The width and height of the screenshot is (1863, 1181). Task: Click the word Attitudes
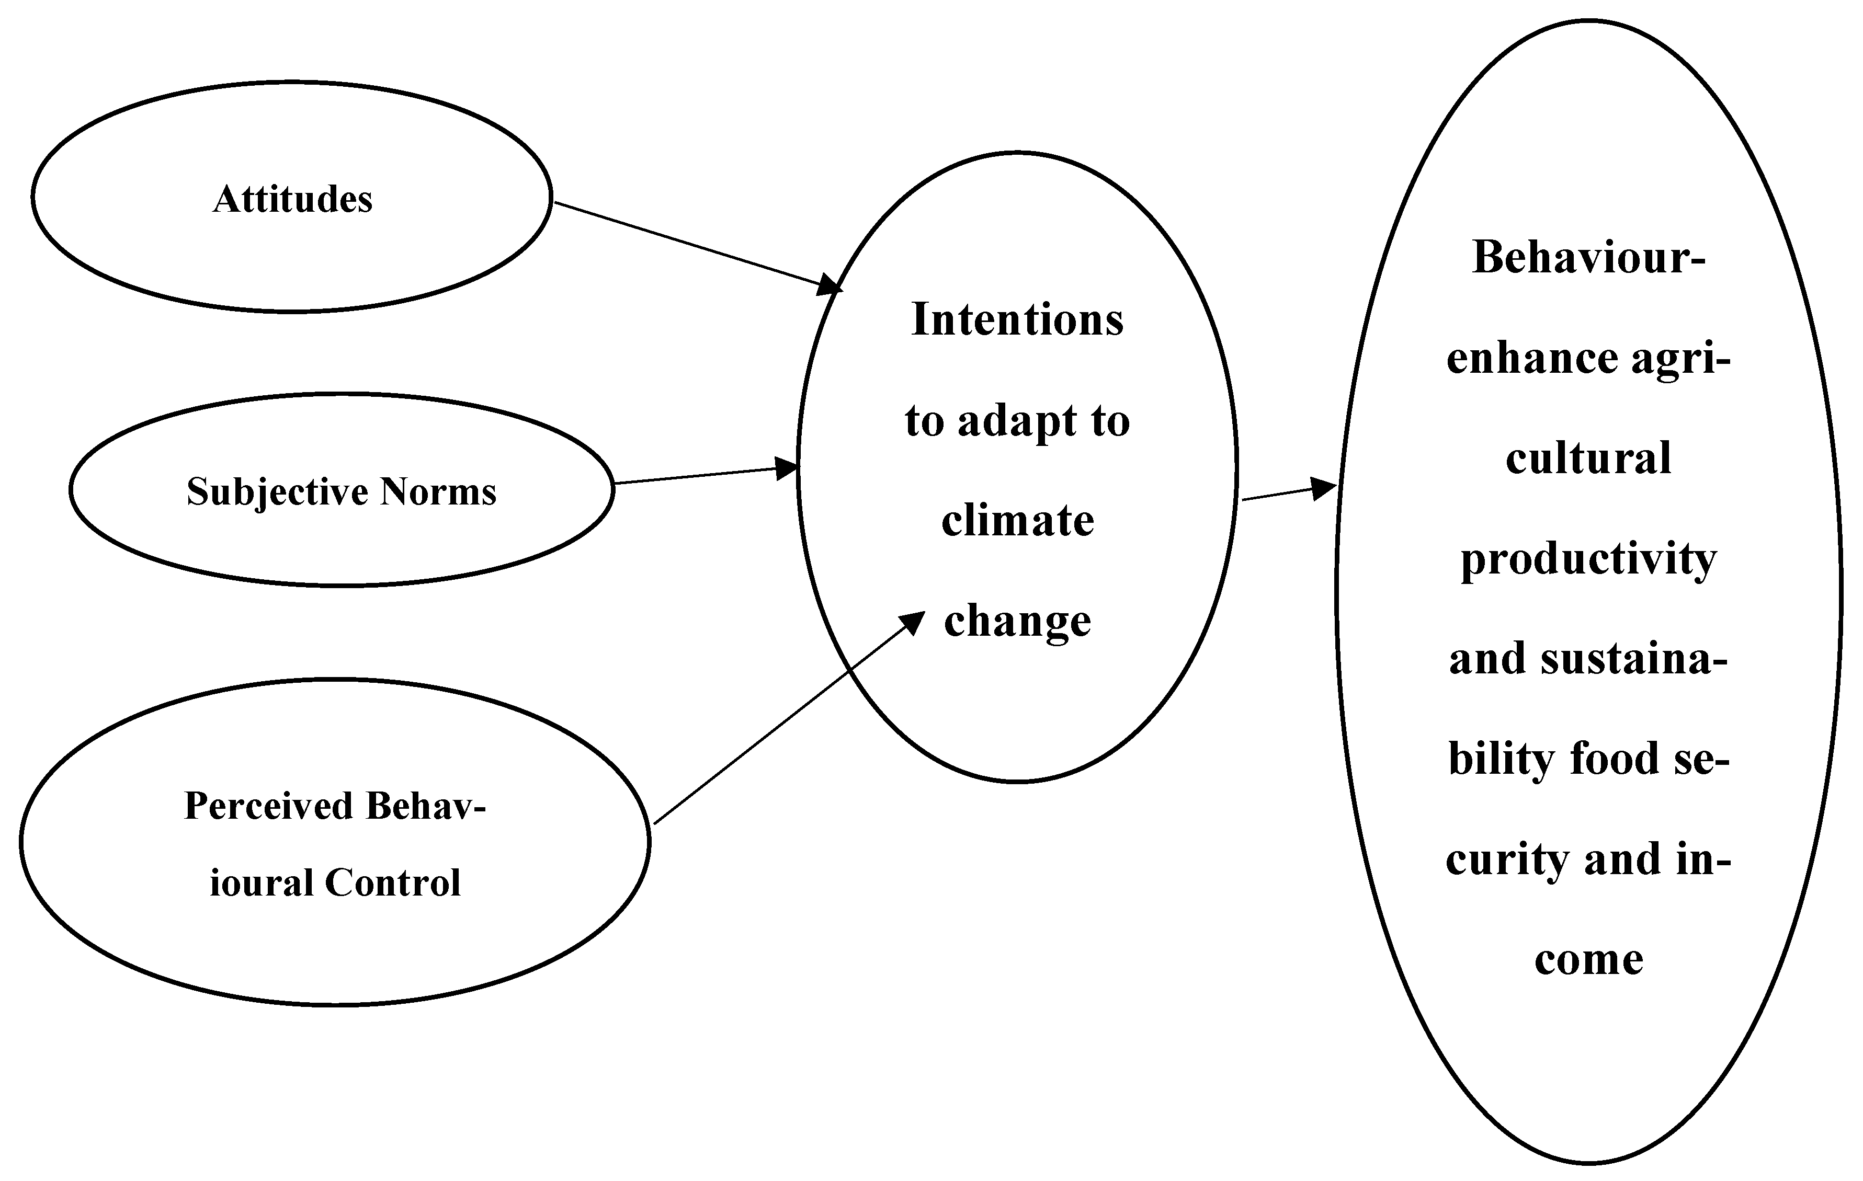coord(292,200)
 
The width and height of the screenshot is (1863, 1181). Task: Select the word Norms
coord(438,492)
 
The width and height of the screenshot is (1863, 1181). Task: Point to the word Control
coord(392,883)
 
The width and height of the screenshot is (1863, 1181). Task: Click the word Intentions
coord(1017,319)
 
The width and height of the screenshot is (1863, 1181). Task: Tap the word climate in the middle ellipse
coord(1017,521)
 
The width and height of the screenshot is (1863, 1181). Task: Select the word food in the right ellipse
coord(1613,760)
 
